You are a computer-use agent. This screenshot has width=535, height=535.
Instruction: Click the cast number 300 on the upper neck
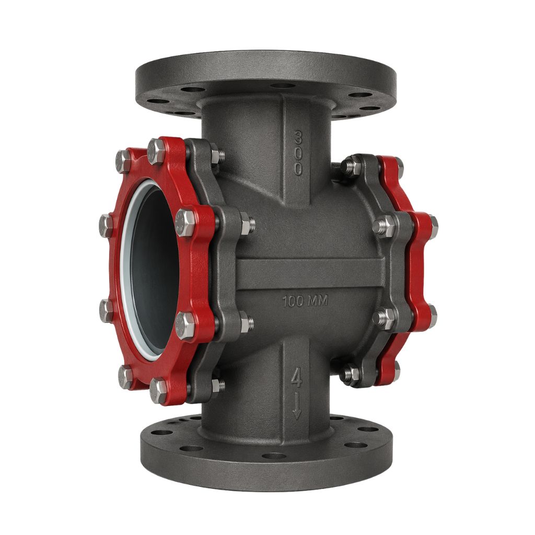[x=298, y=153]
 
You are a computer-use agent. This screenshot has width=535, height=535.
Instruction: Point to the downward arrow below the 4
[x=297, y=405]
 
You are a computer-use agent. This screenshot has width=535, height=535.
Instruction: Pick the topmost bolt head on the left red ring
[x=157, y=152]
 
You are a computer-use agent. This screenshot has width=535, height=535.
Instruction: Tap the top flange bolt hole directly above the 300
[x=282, y=86]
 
